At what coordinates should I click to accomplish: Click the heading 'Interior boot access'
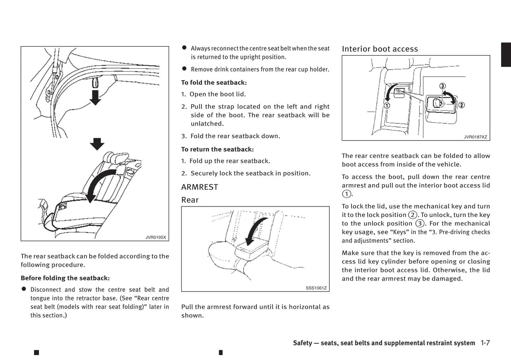(379, 49)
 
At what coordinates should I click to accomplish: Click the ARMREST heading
(199, 187)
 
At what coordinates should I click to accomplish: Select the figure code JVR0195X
(156, 237)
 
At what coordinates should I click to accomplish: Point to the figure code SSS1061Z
(316, 288)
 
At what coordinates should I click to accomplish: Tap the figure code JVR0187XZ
(475, 137)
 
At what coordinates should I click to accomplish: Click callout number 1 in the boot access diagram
(387, 105)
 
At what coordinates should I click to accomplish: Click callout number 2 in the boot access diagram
(461, 105)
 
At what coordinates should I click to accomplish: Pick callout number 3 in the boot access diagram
(442, 86)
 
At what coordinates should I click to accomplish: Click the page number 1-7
(485, 343)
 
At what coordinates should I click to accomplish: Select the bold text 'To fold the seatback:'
(214, 83)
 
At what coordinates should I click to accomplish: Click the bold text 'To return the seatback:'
(217, 149)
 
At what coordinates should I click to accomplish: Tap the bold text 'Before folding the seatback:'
(65, 278)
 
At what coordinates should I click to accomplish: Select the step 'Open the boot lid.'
(217, 94)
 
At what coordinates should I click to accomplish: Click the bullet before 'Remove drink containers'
(184, 69)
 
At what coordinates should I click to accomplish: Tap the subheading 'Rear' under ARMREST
(190, 200)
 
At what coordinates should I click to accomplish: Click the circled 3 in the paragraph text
(419, 224)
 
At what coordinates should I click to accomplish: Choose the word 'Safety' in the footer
(302, 343)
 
